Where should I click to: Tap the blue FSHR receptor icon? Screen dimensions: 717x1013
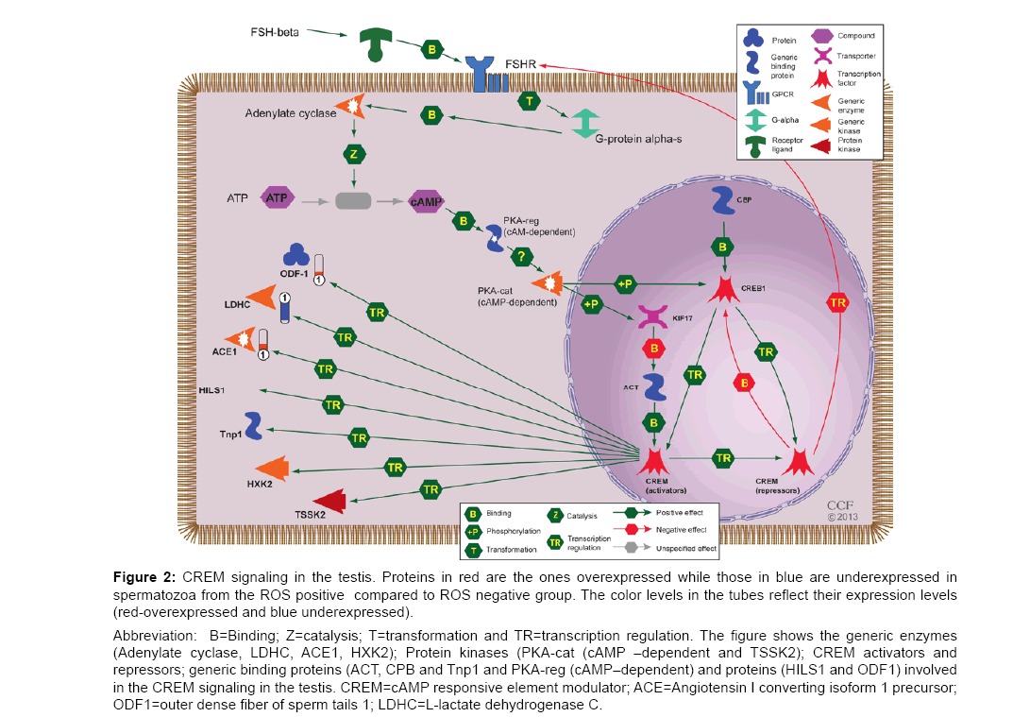click(x=487, y=74)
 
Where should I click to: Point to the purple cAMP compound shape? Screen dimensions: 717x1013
click(x=426, y=199)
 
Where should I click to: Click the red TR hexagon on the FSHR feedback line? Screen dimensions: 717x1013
click(x=836, y=302)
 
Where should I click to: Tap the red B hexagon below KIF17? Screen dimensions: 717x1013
click(x=651, y=349)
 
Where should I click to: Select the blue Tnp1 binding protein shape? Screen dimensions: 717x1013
click(x=253, y=425)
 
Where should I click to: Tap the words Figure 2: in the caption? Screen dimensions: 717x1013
click(x=145, y=577)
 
